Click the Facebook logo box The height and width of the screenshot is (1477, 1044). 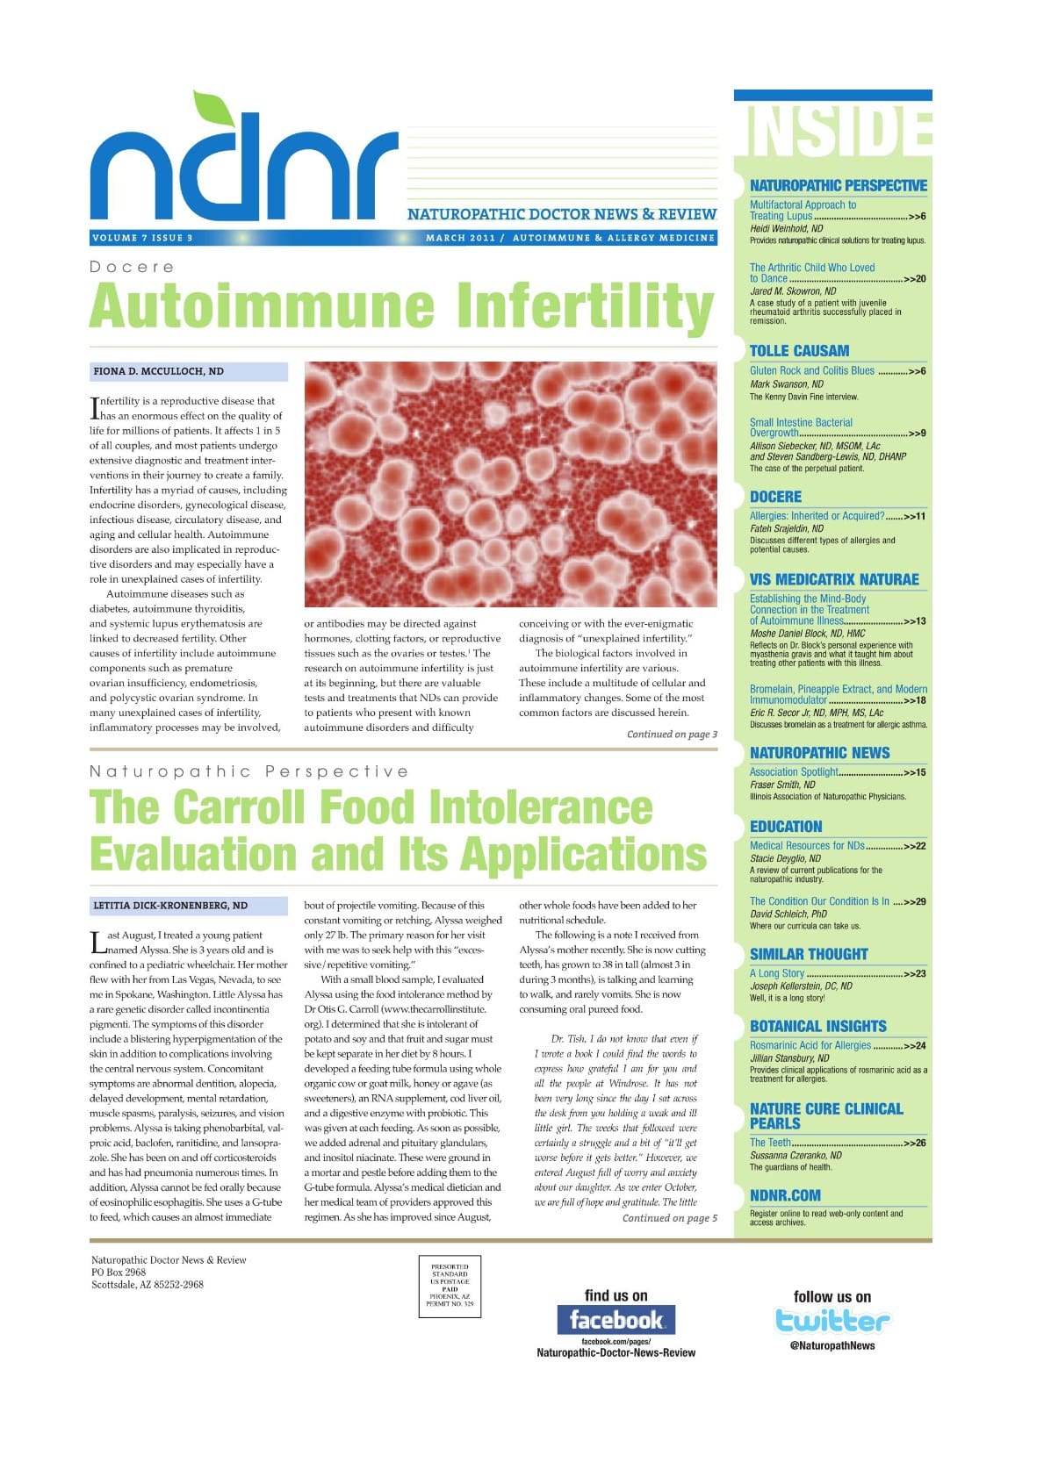(x=616, y=1319)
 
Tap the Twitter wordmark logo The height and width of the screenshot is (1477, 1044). (x=832, y=1320)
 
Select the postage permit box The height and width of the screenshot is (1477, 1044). (x=450, y=1286)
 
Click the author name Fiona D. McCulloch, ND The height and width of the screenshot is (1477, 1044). (x=159, y=371)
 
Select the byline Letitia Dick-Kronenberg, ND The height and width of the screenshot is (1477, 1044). (x=170, y=905)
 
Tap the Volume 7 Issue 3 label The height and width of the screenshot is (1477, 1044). (x=142, y=238)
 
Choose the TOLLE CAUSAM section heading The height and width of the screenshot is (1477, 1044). (x=799, y=350)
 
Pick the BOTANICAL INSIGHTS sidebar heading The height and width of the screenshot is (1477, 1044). (x=817, y=1026)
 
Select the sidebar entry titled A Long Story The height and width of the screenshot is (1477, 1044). (x=777, y=973)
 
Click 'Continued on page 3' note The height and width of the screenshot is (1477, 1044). (x=672, y=735)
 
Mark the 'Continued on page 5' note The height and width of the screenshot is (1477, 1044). (x=669, y=1218)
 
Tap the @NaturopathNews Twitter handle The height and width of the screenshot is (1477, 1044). (x=832, y=1345)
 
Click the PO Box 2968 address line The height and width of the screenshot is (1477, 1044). (x=119, y=1272)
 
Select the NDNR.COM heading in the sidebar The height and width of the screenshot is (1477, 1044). (x=785, y=1195)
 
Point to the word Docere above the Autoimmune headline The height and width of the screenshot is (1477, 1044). (x=132, y=267)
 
